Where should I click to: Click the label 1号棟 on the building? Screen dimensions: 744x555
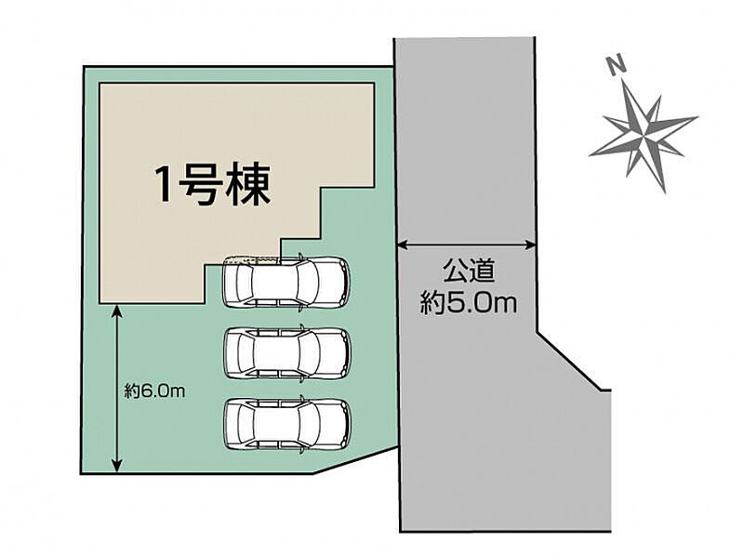tap(213, 185)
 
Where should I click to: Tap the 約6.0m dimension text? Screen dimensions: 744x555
tap(154, 391)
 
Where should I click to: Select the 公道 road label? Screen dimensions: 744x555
tap(469, 271)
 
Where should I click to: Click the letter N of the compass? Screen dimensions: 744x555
tap(617, 64)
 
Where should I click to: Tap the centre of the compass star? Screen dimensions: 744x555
tap(644, 136)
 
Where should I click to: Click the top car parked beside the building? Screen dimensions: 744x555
tap(286, 283)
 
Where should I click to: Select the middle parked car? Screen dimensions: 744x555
tap(287, 353)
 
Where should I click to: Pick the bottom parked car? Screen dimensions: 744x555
tap(287, 425)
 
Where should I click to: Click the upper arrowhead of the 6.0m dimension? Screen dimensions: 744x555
tap(117, 311)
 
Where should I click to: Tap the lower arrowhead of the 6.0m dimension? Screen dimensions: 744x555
tap(117, 466)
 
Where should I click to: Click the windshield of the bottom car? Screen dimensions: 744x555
tap(309, 425)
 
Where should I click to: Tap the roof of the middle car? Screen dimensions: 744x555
tap(276, 353)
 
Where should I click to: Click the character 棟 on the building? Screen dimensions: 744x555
tap(250, 185)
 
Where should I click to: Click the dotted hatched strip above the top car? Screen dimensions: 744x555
tap(250, 259)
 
